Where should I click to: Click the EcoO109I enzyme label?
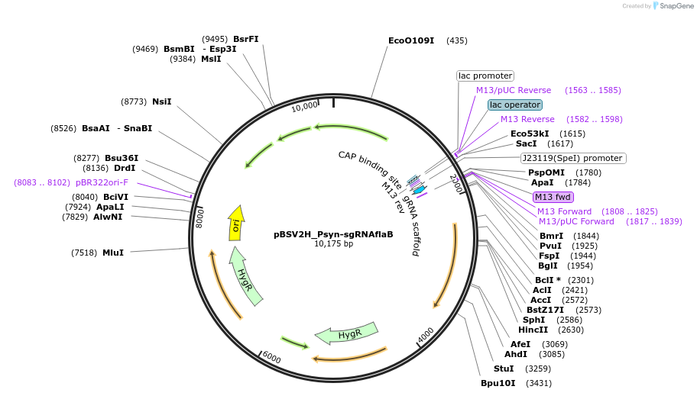(x=411, y=40)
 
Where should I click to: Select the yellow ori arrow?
(x=237, y=224)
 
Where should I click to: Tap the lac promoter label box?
(x=485, y=76)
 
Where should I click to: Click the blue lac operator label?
(x=515, y=105)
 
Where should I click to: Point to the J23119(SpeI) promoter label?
(x=572, y=158)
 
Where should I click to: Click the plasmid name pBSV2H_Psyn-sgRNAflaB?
(x=333, y=234)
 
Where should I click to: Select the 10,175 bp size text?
(x=333, y=244)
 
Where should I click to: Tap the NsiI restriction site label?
(x=162, y=101)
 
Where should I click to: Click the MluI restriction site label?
(x=113, y=252)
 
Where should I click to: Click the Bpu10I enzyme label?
(x=498, y=382)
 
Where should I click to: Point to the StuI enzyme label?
(x=504, y=369)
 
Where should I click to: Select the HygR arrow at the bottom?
(x=348, y=333)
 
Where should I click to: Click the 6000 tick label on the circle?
(x=271, y=358)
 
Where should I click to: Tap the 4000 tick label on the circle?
(x=426, y=334)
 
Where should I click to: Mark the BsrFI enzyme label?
(x=246, y=39)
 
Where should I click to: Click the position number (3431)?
(x=539, y=382)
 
